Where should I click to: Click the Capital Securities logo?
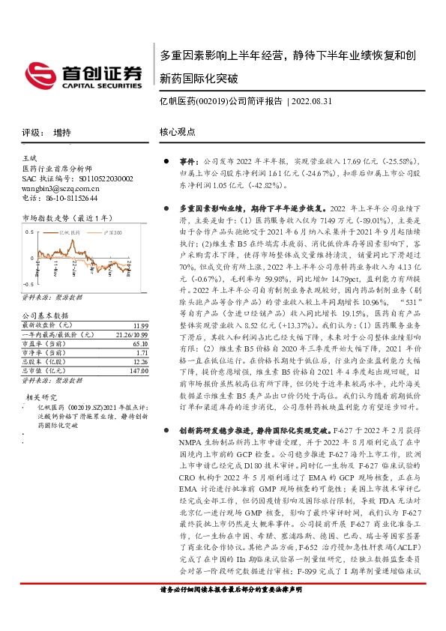(84, 75)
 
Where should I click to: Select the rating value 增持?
(62, 133)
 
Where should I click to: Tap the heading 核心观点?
(177, 133)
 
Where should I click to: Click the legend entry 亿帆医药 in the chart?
(72, 233)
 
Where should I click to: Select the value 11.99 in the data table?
(139, 326)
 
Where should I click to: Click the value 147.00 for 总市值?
(137, 371)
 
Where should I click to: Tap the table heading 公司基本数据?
(45, 317)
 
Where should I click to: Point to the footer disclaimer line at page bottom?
(232, 611)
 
